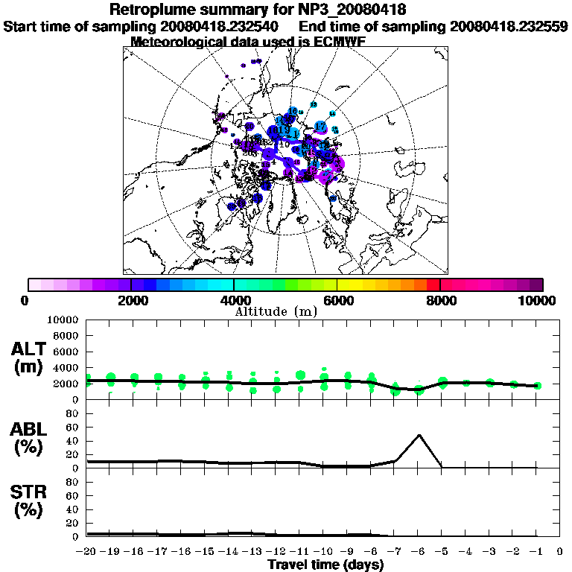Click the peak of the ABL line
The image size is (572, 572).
click(419, 435)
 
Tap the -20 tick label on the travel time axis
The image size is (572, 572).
click(87, 552)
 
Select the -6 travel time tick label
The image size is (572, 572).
click(419, 552)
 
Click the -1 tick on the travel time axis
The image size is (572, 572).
click(537, 552)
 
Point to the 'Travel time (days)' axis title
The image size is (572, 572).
click(325, 565)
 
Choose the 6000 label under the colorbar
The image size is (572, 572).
click(337, 301)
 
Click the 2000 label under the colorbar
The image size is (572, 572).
click(131, 301)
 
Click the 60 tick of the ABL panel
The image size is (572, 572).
click(74, 428)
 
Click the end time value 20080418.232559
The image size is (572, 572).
click(509, 26)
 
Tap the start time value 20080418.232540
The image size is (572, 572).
click(220, 26)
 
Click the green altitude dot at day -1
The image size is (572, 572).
click(537, 386)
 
